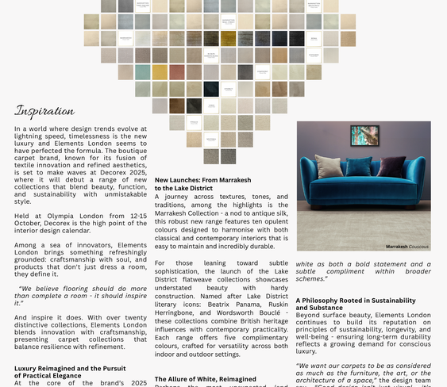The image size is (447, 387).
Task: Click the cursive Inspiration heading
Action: pyautogui.click(x=44, y=111)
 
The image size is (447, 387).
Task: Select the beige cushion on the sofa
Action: pyautogui.click(x=328, y=166)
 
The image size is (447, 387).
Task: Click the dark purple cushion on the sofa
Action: pyautogui.click(x=390, y=166)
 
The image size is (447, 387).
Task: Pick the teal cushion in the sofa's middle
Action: pyautogui.click(x=359, y=166)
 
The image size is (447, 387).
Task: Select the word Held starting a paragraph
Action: pyautogui.click(x=22, y=216)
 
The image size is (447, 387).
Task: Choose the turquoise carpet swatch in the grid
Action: pyautogui.click(x=142, y=72)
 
